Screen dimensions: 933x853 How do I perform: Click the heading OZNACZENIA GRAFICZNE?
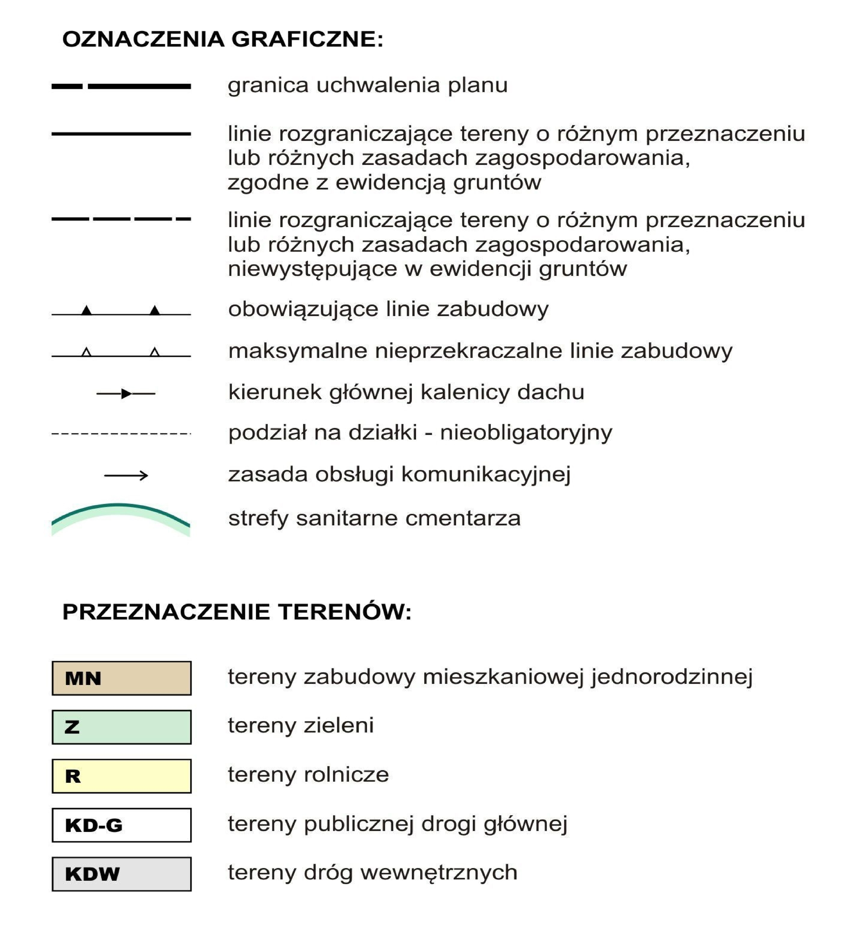[x=223, y=39]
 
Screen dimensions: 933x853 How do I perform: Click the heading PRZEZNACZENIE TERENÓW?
[x=237, y=612]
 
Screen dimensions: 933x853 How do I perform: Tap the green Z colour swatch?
[x=121, y=727]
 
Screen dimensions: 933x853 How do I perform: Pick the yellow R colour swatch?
[x=121, y=776]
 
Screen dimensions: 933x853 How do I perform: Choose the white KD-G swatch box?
[x=121, y=825]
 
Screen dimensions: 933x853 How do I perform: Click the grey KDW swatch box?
[x=121, y=874]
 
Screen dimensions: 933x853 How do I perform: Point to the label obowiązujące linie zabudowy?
[x=388, y=309]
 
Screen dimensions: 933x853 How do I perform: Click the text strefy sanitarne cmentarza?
[x=374, y=518]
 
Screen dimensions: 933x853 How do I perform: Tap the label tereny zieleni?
[x=301, y=725]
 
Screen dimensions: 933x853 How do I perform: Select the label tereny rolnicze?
[x=308, y=775]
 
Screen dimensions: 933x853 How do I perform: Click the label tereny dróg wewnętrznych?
[x=372, y=872]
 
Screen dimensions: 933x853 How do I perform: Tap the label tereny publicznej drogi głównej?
[x=397, y=824]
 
